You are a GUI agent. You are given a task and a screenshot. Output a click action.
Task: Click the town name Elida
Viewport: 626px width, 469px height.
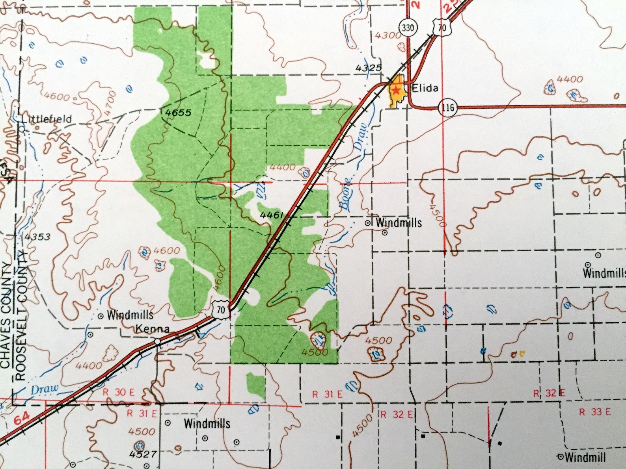tap(425, 87)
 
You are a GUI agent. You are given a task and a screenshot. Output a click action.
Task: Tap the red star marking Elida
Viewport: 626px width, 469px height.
tap(396, 90)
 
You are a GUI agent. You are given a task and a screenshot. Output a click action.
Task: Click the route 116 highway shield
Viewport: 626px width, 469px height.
tap(448, 107)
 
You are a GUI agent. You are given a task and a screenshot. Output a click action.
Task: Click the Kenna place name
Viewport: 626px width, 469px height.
tap(153, 329)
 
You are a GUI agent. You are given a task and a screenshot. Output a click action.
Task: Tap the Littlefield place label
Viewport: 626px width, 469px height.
tap(47, 119)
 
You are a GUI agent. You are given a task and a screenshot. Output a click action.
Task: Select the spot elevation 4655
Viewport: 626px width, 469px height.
tap(178, 113)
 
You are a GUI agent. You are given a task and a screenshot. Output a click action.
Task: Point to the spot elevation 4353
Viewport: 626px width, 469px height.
tap(37, 237)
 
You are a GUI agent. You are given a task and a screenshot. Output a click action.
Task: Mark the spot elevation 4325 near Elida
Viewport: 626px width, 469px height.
tap(369, 68)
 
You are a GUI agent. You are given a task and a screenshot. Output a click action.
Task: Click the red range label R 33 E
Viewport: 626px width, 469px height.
tap(594, 412)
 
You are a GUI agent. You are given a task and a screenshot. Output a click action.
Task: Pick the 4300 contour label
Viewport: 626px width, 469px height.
tap(388, 35)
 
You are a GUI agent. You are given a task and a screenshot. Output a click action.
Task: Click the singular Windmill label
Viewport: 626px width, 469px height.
tap(585, 457)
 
